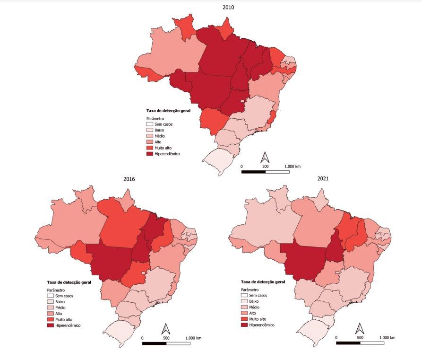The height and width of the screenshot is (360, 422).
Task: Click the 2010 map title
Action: tap(228, 7)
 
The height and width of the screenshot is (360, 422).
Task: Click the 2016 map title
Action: tap(129, 179)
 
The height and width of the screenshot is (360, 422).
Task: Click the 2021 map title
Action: tap(323, 179)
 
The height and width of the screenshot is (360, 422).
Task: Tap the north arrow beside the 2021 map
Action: tap(360, 328)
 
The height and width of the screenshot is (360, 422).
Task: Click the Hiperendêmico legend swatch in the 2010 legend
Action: tap(150, 154)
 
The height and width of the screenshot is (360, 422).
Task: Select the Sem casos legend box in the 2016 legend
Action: tap(51, 296)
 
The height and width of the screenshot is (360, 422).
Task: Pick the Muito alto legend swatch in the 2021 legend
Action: tap(244, 319)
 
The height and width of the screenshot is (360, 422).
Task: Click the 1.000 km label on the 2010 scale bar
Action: tap(293, 166)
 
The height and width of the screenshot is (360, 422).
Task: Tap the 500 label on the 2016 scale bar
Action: tap(166, 337)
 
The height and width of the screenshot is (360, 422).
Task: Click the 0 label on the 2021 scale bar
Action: tap(336, 337)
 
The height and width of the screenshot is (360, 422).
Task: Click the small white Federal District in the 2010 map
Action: tap(242, 101)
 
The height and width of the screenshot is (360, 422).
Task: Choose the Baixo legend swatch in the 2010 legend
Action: tap(150, 130)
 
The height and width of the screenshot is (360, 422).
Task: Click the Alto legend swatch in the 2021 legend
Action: tap(244, 313)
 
